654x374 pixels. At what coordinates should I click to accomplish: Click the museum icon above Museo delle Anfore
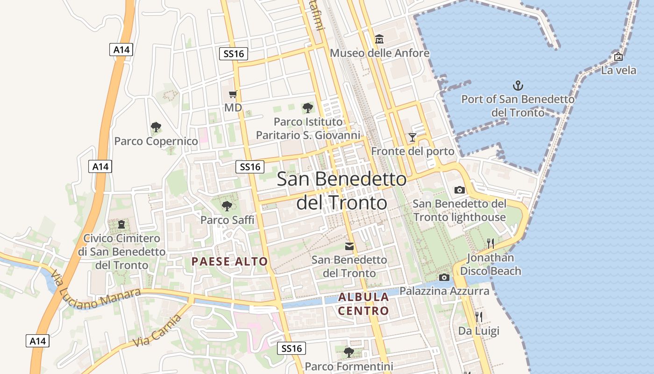tap(379, 38)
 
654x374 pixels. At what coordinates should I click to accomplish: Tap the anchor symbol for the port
tap(518, 86)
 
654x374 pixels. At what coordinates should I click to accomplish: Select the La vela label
tap(618, 70)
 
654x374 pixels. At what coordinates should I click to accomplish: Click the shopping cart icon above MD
tap(233, 94)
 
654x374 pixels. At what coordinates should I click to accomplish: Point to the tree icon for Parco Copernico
tap(156, 127)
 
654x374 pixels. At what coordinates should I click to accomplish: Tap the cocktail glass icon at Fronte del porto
tap(412, 137)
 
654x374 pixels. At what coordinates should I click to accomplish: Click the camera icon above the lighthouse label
tap(460, 190)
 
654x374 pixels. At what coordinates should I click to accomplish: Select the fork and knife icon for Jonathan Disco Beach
tap(490, 243)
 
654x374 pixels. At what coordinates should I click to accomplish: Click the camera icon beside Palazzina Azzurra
tap(444, 277)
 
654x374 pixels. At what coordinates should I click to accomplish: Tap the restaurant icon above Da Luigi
tap(478, 317)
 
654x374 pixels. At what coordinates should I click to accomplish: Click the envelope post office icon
tap(349, 246)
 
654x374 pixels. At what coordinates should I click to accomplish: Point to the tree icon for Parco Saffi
tap(227, 206)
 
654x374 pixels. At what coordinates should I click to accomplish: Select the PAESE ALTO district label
tap(229, 261)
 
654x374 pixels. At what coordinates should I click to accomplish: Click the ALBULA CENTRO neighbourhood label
tap(363, 303)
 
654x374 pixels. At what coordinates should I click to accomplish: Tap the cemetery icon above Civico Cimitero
tap(121, 224)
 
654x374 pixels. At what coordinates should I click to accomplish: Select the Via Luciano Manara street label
tap(94, 293)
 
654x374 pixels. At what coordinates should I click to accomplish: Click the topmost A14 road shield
tap(121, 50)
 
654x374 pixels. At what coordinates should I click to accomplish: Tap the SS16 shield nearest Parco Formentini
tap(292, 348)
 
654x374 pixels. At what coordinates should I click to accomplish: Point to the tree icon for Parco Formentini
tap(348, 352)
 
